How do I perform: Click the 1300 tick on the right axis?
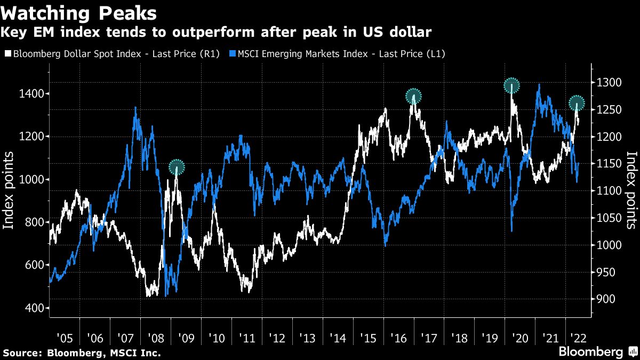(609, 83)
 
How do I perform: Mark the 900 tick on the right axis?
(606, 299)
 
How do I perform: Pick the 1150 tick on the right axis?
(609, 164)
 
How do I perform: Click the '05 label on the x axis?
(65, 338)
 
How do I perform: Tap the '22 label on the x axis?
(580, 338)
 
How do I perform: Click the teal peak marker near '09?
(177, 167)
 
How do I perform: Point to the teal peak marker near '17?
(413, 97)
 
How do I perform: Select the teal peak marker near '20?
(512, 85)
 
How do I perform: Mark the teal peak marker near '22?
(577, 103)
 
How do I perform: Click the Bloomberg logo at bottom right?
(590, 352)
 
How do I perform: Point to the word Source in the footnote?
(22, 353)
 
